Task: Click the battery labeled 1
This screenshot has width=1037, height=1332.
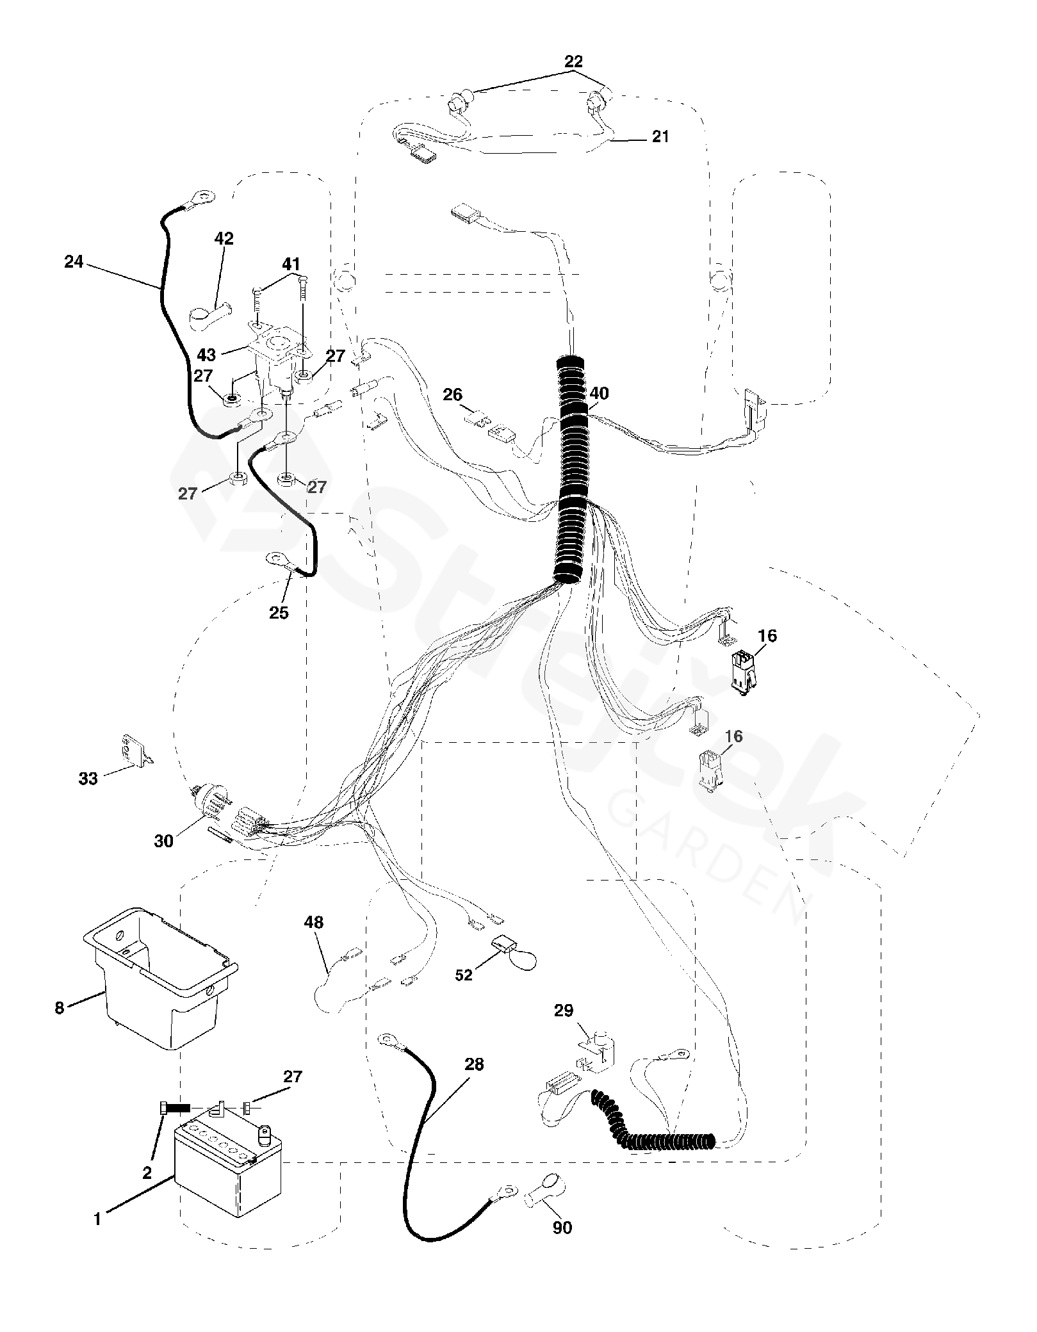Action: [x=228, y=1173]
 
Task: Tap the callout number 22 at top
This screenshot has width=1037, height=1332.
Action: [x=573, y=62]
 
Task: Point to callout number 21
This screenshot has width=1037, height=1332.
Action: [x=660, y=136]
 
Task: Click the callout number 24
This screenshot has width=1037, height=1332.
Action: [x=74, y=261]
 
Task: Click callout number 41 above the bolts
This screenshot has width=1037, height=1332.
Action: [x=291, y=264]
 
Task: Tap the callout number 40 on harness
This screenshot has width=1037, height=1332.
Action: [x=599, y=393]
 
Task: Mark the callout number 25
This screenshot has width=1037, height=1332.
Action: [x=279, y=613]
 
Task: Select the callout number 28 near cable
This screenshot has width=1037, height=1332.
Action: [x=474, y=1064]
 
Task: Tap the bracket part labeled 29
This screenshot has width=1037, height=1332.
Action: [x=599, y=1050]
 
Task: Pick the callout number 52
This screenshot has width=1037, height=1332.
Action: [x=464, y=975]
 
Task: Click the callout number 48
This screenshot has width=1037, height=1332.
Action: [x=314, y=923]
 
